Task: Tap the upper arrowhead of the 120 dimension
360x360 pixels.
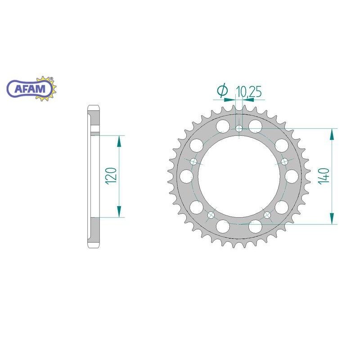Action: point(119,141)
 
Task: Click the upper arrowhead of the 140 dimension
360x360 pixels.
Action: point(333,134)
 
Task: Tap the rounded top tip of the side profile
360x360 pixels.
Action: point(93,108)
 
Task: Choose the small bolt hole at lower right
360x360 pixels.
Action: point(268,216)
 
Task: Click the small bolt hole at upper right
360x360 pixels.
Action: point(284,161)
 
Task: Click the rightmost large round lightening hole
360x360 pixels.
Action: point(291,175)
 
